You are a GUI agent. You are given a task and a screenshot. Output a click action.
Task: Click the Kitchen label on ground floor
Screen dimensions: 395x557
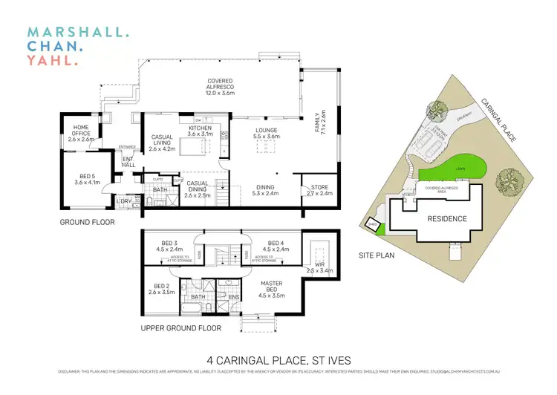[199, 130]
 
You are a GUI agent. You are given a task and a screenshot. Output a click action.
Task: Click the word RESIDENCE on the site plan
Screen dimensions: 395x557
[446, 218]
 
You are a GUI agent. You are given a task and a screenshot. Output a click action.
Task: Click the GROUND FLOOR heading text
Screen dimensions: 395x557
[88, 221]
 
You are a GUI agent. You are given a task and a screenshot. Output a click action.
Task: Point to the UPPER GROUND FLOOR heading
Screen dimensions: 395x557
[181, 327]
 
